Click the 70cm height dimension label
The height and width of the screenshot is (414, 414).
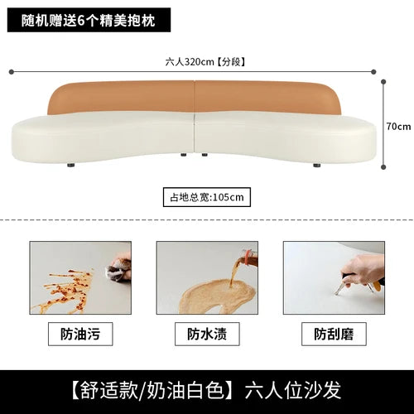pos(398,127)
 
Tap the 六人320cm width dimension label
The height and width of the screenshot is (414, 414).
pos(205,62)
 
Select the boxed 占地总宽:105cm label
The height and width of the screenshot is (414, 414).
pos(207,197)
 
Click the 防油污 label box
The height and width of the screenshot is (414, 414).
pos(80,334)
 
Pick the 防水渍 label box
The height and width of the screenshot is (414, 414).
pos(207,334)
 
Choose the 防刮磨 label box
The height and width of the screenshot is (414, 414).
pos(334,334)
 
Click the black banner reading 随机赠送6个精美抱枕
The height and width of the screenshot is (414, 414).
pos(89,20)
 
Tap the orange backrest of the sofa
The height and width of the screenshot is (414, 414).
pos(195,97)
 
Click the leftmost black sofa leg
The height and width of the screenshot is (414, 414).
pos(71,166)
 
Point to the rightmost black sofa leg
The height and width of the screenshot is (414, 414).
pos(317,166)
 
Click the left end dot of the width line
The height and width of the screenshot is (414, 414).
pos(12,72)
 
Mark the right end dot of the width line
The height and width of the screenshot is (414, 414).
pos(373,72)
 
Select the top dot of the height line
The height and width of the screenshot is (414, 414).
pos(383,82)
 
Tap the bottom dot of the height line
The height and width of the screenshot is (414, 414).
pos(383,167)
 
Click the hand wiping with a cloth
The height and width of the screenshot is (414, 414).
pos(120,267)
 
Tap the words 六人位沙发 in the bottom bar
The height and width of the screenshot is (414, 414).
pos(293,390)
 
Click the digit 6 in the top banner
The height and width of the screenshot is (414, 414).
pos(80,21)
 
